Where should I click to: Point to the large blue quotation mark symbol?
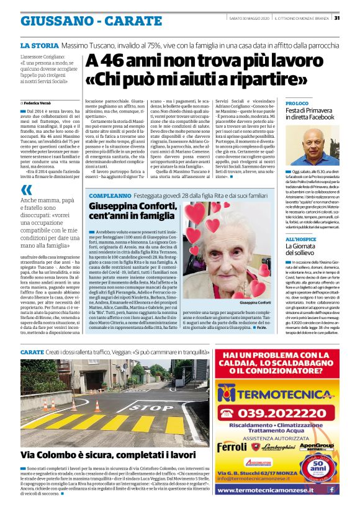[26, 189]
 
